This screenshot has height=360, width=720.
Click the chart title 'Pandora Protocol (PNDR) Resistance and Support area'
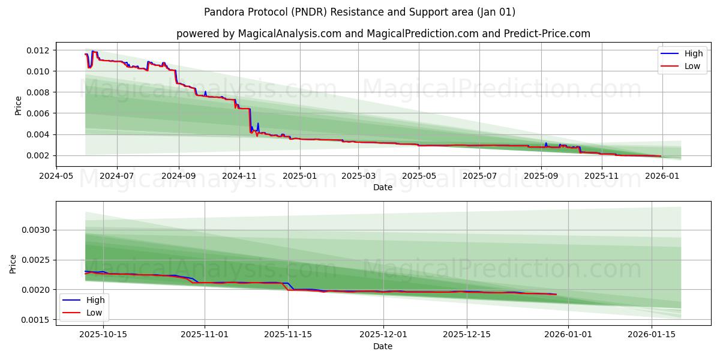point(359,12)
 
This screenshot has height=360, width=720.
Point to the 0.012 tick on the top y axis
point(38,50)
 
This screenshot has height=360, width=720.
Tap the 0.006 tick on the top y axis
point(38,113)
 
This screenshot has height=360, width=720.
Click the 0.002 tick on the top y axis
point(38,155)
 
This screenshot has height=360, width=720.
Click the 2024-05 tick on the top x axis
point(57,176)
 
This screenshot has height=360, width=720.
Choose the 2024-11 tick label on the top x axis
point(239,176)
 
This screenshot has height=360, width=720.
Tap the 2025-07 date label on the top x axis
point(479,176)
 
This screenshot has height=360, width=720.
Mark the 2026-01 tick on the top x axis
point(662,176)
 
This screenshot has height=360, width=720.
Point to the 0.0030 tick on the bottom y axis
point(35,230)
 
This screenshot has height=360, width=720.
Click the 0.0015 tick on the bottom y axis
point(35,320)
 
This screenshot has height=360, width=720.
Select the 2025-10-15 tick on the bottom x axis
point(103,334)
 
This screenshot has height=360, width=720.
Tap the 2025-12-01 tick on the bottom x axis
point(383,334)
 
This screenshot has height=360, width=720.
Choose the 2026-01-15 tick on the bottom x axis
point(652,334)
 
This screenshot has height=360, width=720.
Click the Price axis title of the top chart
point(18,106)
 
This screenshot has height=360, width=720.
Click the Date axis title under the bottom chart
point(383,346)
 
